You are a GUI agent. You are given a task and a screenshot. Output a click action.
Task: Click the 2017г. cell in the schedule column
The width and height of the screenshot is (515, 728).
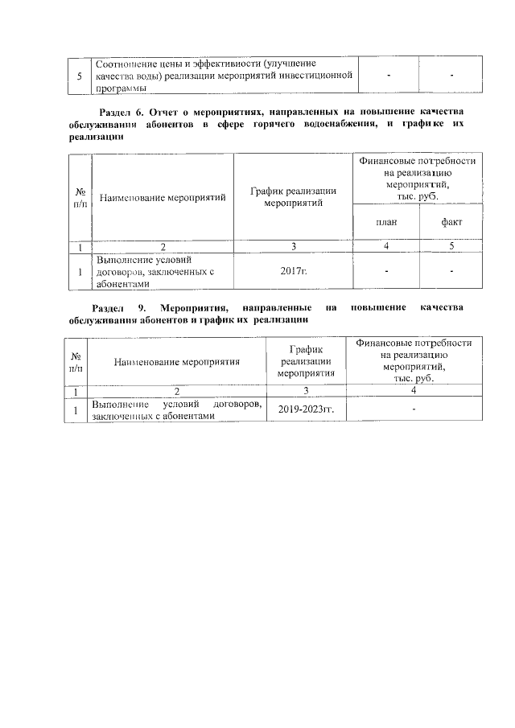click(x=294, y=273)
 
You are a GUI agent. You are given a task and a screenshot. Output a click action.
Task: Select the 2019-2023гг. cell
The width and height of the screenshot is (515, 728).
click(x=306, y=409)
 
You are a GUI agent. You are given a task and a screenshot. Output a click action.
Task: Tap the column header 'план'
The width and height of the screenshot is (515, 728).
click(x=386, y=222)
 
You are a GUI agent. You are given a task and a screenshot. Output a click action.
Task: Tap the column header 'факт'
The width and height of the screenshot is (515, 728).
click(x=451, y=222)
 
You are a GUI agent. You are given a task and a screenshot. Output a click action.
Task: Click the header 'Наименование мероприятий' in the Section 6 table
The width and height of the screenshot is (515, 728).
click(x=163, y=197)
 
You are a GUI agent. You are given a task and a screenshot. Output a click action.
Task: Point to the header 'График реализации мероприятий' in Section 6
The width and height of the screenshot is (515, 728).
click(x=294, y=197)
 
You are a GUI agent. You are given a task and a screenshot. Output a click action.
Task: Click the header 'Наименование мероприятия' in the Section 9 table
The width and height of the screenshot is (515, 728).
click(x=177, y=362)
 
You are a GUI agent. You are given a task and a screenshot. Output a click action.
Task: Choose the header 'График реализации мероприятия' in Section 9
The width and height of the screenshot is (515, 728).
click(x=306, y=362)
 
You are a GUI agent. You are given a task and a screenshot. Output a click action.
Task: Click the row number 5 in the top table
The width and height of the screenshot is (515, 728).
click(x=79, y=76)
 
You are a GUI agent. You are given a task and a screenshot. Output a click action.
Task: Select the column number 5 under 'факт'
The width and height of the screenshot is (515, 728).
click(x=451, y=246)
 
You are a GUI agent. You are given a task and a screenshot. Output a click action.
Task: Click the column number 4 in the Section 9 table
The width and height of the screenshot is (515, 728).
click(x=414, y=391)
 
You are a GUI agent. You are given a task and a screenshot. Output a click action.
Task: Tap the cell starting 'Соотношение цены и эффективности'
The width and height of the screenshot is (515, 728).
click(x=224, y=76)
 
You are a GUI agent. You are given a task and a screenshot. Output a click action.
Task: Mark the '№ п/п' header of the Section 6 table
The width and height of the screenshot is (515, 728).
click(x=80, y=197)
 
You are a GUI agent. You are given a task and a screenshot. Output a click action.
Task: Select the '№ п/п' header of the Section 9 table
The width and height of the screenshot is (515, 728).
click(x=76, y=362)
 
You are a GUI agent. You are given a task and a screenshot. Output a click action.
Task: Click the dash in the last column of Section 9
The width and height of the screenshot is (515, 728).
click(x=414, y=409)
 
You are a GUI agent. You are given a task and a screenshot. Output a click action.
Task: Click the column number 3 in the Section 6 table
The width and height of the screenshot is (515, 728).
click(x=294, y=246)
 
